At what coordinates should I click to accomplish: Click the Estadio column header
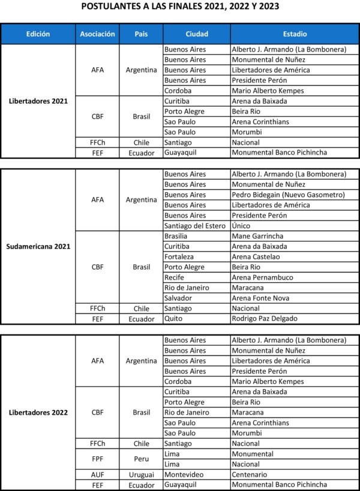click(294, 34)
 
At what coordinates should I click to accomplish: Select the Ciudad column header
click(197, 34)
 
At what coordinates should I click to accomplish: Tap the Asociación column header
click(97, 34)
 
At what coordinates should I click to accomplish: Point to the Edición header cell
click(38, 34)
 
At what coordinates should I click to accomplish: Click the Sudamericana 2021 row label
click(38, 246)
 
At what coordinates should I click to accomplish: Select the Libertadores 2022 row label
click(38, 412)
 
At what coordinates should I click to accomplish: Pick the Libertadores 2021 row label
click(38, 101)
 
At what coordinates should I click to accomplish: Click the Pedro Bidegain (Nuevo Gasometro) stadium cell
click(288, 194)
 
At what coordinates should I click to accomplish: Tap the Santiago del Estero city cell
click(195, 226)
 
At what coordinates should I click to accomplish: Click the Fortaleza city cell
click(181, 256)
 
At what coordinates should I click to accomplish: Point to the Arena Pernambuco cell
click(263, 277)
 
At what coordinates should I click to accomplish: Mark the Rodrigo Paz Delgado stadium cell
click(264, 319)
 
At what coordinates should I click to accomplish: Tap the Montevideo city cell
click(184, 474)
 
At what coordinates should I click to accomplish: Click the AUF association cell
click(97, 474)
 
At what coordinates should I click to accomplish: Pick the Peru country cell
click(142, 459)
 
